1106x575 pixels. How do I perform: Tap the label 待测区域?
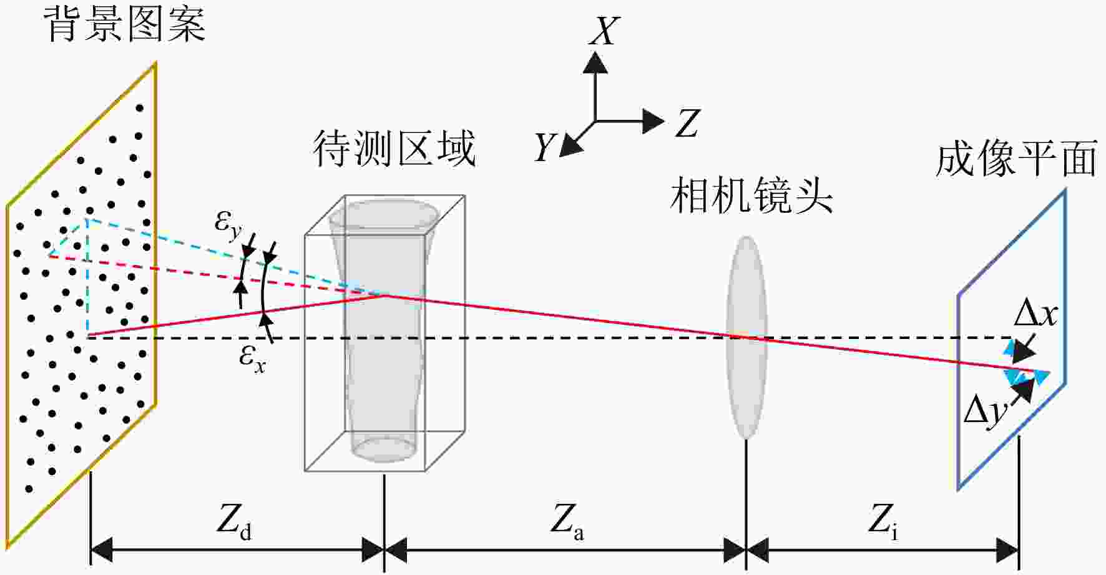click(394, 149)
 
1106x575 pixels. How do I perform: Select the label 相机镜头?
click(751, 195)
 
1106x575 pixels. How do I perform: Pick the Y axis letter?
click(544, 148)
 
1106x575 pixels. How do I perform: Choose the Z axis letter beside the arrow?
click(687, 123)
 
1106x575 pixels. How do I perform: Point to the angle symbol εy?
click(228, 224)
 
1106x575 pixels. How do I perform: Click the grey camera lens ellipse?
click(746, 337)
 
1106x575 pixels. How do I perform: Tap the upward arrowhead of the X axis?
click(595, 63)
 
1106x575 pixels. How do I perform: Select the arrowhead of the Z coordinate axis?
click(653, 120)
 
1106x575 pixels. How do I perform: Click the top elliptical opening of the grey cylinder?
click(383, 213)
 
